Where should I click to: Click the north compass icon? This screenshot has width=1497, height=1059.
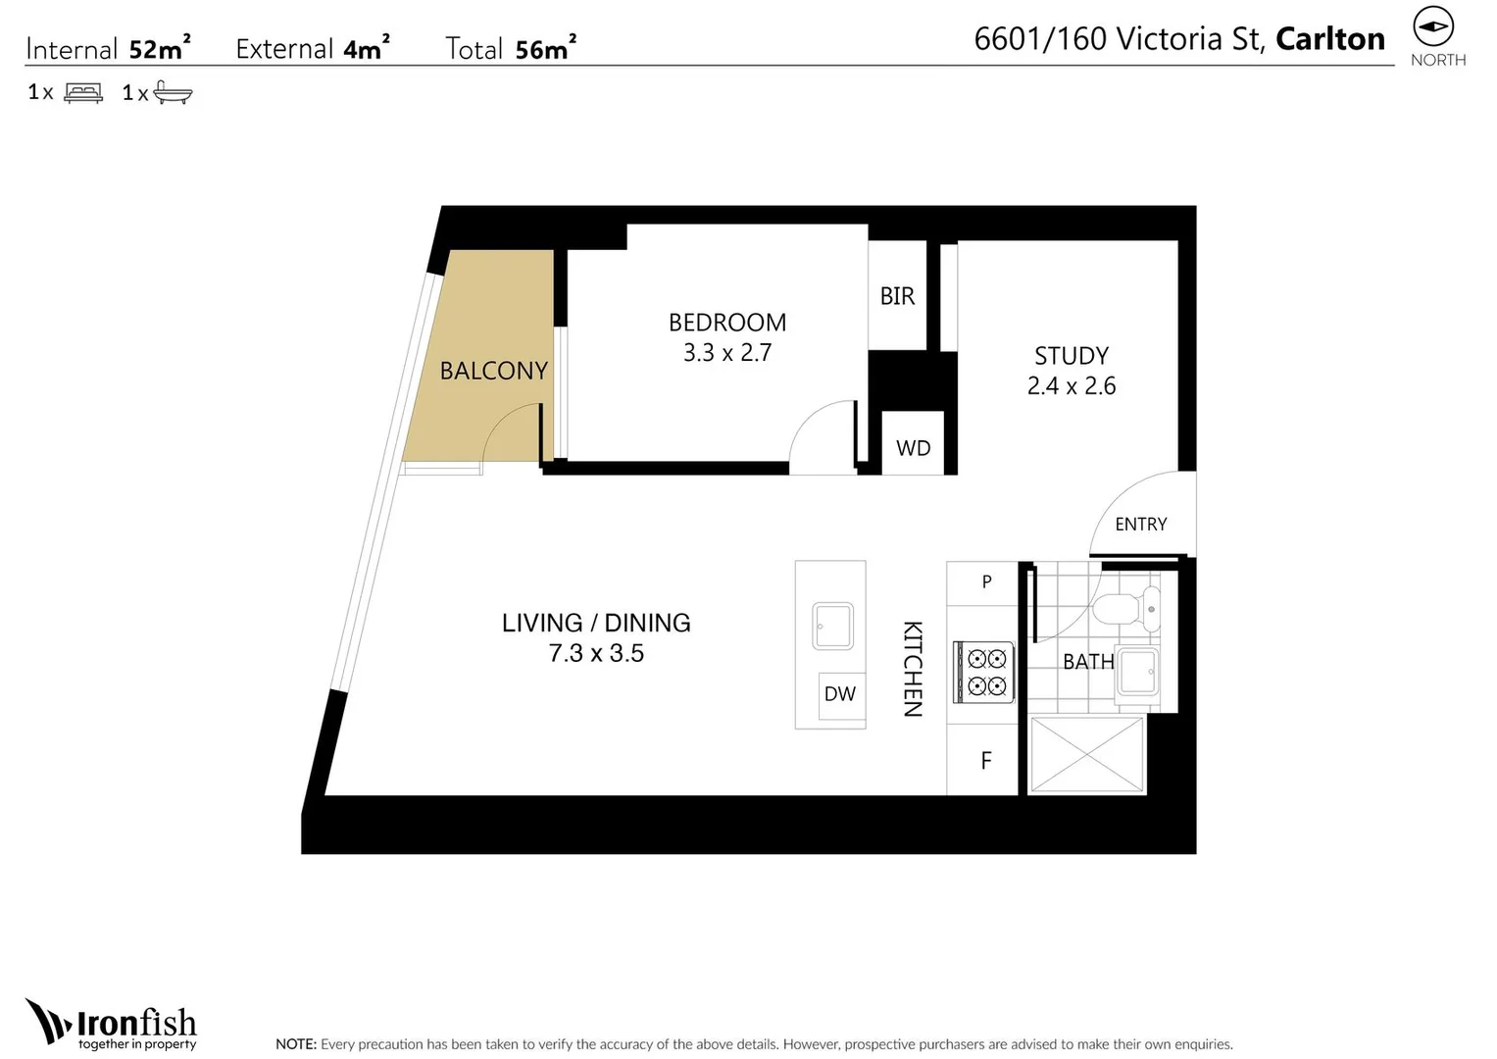[1433, 26]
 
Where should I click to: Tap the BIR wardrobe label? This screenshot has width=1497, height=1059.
[896, 296]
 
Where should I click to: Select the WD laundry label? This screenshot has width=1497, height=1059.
[913, 448]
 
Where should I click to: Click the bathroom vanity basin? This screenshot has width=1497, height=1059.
[1138, 672]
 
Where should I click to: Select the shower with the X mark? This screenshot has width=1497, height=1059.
[1086, 754]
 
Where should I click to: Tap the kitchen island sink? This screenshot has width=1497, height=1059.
[832, 626]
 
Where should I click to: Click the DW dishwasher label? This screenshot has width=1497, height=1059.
[839, 694]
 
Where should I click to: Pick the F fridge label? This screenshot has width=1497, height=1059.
[986, 760]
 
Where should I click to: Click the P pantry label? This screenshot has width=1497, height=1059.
[986, 581]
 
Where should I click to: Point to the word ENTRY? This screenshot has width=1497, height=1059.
[1140, 525]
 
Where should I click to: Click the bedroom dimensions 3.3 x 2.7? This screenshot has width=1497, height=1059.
[726, 353]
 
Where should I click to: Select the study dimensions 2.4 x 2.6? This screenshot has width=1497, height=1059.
[1071, 386]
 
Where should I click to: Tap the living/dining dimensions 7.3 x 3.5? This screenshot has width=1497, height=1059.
[596, 654]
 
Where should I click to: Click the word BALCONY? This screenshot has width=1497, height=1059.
[493, 371]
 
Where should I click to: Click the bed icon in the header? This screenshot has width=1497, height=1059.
[83, 93]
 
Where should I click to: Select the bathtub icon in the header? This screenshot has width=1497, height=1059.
[173, 93]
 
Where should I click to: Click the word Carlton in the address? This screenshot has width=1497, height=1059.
[1329, 39]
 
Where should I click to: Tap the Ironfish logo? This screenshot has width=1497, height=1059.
[112, 1025]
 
